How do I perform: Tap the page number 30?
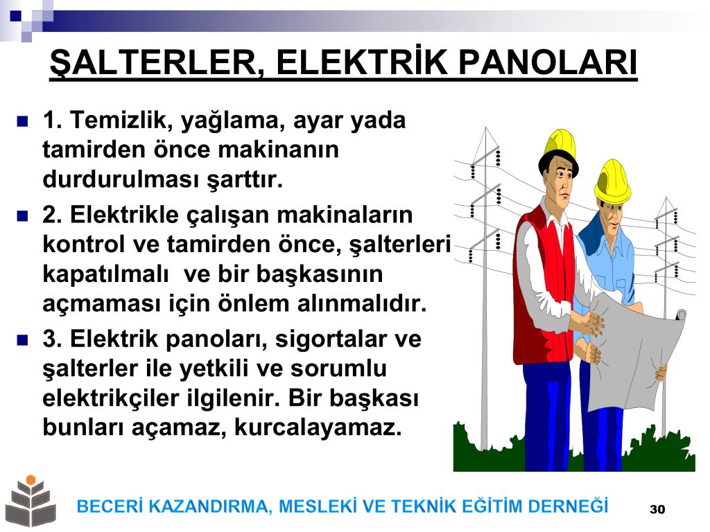[x=657, y=509]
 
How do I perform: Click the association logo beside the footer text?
[x=31, y=501]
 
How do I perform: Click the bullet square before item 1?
[x=22, y=121]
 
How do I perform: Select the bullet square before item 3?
[x=22, y=339]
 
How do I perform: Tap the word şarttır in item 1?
[x=245, y=180]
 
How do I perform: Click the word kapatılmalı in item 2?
[x=105, y=274]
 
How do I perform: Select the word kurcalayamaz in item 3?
[x=318, y=427]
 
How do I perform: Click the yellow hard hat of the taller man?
[x=560, y=145]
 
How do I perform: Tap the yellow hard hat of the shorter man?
[x=612, y=181]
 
